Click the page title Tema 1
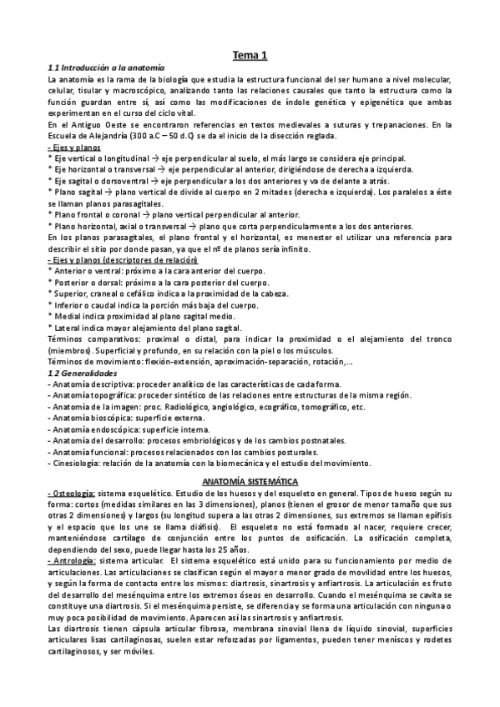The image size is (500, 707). click(250, 55)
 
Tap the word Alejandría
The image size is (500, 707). click(109, 136)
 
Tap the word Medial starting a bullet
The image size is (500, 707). click(66, 317)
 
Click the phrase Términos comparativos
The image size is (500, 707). click(91, 339)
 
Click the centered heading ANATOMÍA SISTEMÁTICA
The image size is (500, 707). click(250, 483)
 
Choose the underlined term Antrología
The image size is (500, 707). click(73, 562)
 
